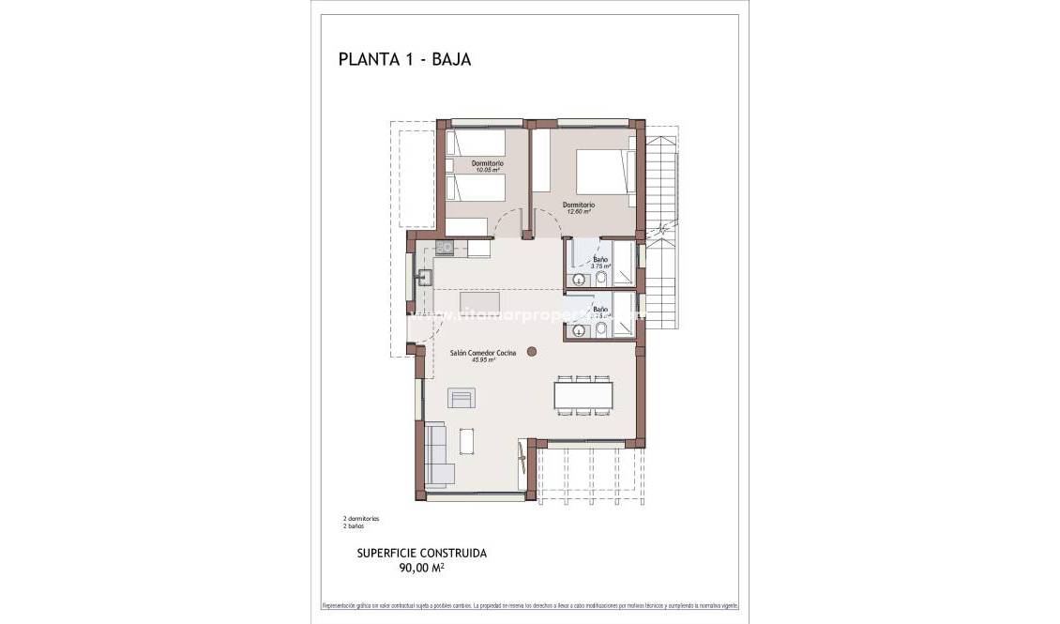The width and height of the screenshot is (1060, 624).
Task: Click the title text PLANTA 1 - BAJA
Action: (403, 60)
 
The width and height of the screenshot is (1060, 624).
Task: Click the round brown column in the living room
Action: (532, 352)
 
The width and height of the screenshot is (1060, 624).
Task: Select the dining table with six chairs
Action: (583, 393)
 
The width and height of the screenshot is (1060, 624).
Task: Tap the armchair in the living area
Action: (462, 398)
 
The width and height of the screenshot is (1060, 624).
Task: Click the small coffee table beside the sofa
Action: (466, 439)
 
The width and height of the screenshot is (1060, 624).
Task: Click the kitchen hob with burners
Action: (445, 248)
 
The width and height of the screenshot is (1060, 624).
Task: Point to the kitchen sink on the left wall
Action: (424, 276)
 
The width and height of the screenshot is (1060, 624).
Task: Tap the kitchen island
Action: (479, 301)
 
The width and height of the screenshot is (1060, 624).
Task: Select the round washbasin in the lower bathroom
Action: (579, 329)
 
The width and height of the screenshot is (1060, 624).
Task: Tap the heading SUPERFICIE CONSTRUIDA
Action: (422, 553)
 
